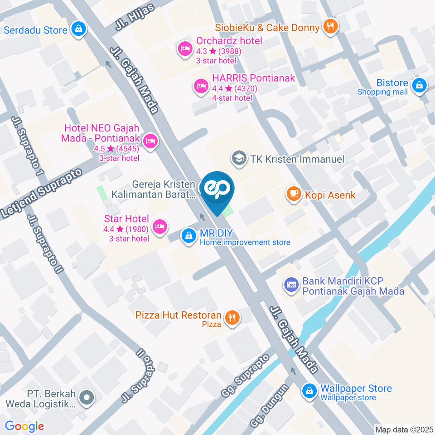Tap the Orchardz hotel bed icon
[x=185, y=49]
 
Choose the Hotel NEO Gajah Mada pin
[x=150, y=141]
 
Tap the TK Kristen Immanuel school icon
[x=237, y=159]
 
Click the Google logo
[x=24, y=426]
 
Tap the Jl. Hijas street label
[x=135, y=18]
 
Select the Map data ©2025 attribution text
[x=404, y=429]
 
